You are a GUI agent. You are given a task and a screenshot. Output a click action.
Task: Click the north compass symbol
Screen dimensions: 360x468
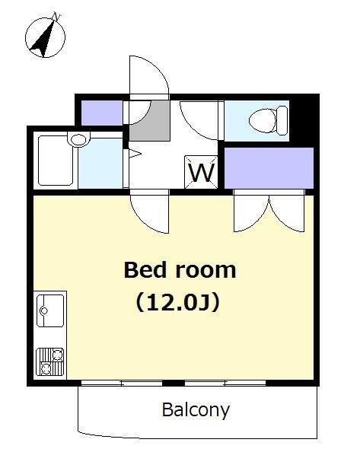pos(45,37)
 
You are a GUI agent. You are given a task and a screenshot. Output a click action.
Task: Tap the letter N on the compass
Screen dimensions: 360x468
pos(56,16)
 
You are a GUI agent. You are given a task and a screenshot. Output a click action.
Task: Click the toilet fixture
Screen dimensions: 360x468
pos(268,120)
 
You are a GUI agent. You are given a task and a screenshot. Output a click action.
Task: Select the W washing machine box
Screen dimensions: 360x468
pos(202,172)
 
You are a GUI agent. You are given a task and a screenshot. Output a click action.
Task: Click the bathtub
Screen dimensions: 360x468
pos(56,161)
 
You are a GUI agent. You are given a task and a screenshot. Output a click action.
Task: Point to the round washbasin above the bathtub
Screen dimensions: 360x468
pos(79,139)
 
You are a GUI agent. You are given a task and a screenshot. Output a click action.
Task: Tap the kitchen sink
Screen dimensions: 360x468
pos(50,310)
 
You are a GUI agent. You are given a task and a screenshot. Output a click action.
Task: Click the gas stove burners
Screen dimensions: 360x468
pos(49,361)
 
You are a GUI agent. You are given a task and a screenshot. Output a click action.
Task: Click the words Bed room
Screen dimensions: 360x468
pos(180,270)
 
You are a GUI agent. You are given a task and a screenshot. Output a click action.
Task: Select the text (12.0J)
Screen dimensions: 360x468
pos(178,302)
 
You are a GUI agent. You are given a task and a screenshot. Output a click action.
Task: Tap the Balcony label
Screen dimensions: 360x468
pos(196,410)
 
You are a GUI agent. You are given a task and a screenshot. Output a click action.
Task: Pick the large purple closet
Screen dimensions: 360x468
pos(269,168)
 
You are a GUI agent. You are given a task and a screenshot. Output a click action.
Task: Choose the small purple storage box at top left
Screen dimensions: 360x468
pos(102,113)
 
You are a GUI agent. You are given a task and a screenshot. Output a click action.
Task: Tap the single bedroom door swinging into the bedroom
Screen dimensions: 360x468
pos(149,212)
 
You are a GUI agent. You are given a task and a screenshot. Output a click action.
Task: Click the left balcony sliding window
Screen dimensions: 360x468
pos(122,384)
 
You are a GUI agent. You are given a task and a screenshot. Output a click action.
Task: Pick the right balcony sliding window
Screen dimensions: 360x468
pos(225,384)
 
